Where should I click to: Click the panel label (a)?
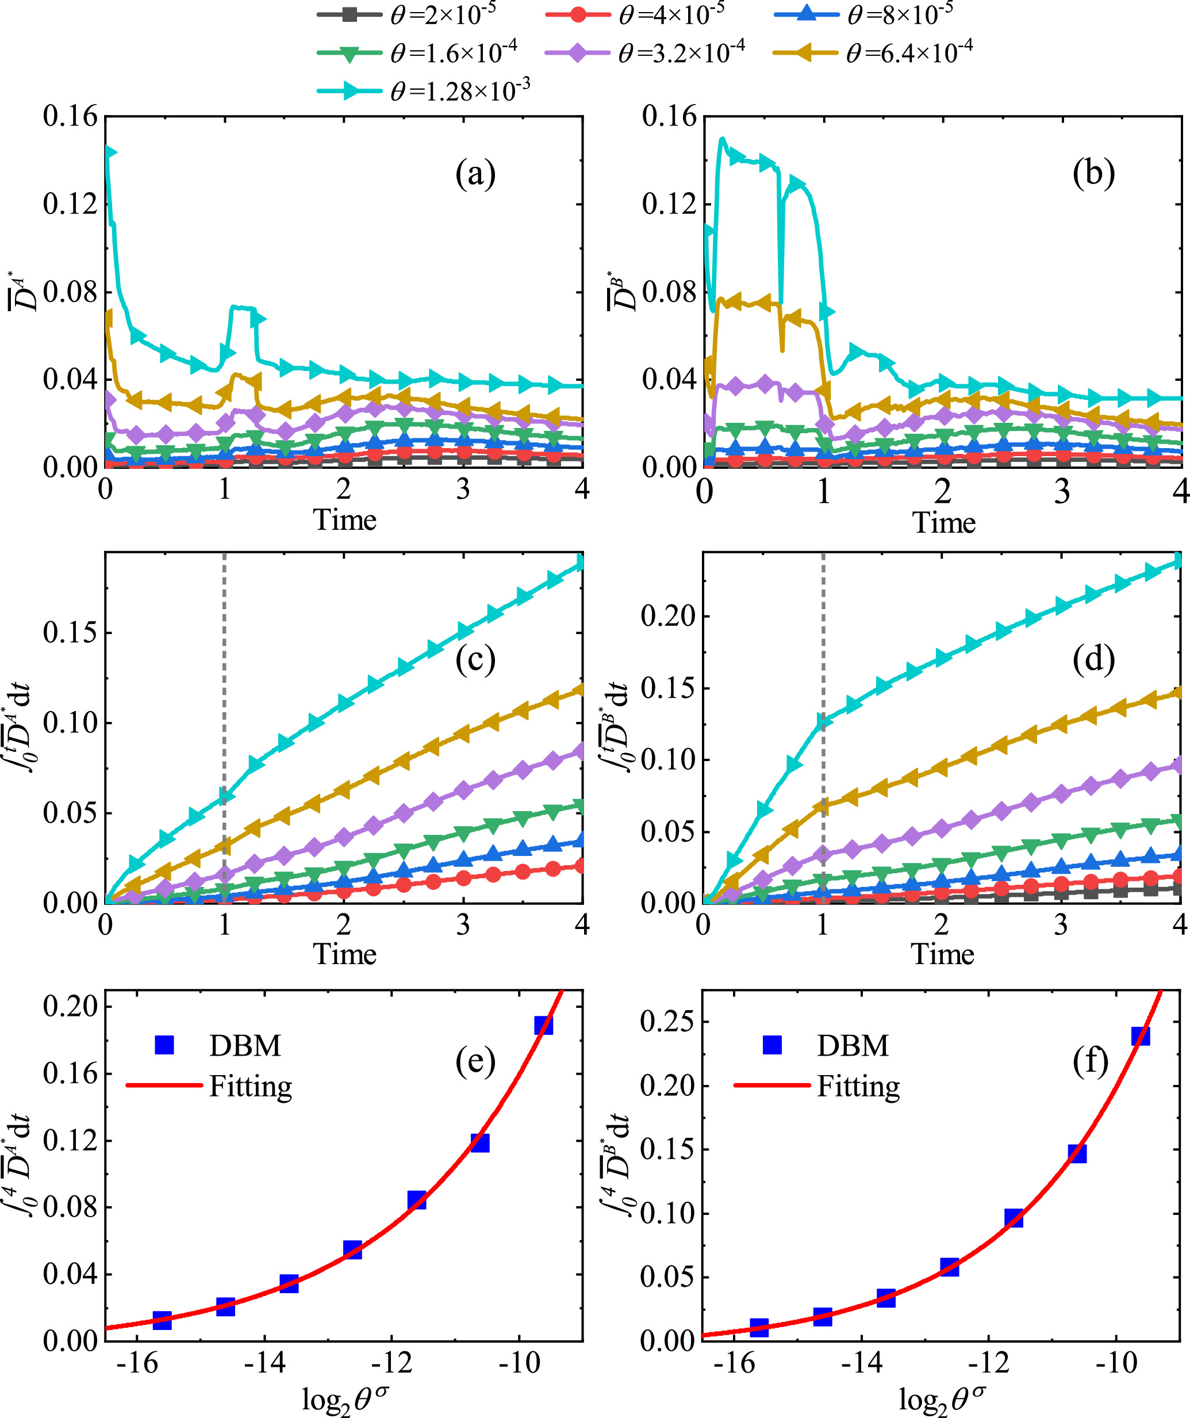(x=475, y=174)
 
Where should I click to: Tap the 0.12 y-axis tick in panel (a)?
(x=70, y=204)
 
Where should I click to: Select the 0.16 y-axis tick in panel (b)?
(x=669, y=116)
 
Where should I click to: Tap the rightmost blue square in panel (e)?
(x=543, y=1026)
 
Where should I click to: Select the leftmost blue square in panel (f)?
(x=759, y=1328)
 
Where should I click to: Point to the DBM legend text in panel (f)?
(x=853, y=1045)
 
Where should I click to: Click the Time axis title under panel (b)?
(x=943, y=523)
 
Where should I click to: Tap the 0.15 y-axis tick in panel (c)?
(x=70, y=633)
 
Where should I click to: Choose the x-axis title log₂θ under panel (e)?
(x=345, y=1398)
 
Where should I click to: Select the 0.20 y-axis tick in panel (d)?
(x=667, y=616)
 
